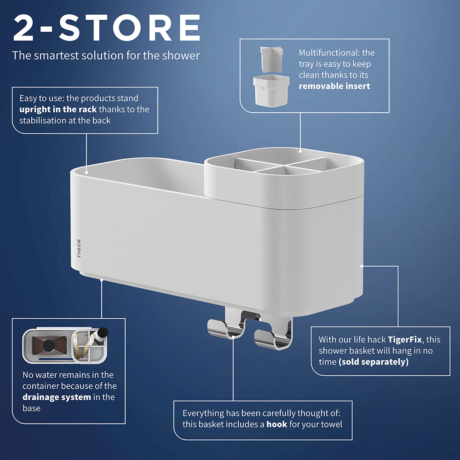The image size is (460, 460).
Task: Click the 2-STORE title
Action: (107, 28)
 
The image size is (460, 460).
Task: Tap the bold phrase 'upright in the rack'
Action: (58, 109)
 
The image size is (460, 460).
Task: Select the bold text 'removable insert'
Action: (334, 86)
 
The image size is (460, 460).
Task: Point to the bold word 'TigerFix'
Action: (405, 339)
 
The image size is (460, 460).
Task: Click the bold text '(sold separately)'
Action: (374, 362)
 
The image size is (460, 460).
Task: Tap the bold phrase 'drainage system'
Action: (57, 397)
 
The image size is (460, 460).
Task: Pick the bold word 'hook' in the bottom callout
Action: (276, 424)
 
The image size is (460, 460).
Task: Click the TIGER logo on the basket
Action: (79, 248)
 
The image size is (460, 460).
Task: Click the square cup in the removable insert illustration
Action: (271, 90)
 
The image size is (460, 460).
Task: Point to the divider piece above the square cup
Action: (271, 59)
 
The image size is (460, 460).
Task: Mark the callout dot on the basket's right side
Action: (362, 266)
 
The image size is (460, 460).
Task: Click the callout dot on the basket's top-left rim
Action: (86, 173)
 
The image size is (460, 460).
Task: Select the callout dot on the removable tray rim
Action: (300, 151)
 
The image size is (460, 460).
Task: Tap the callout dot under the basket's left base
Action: (102, 280)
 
